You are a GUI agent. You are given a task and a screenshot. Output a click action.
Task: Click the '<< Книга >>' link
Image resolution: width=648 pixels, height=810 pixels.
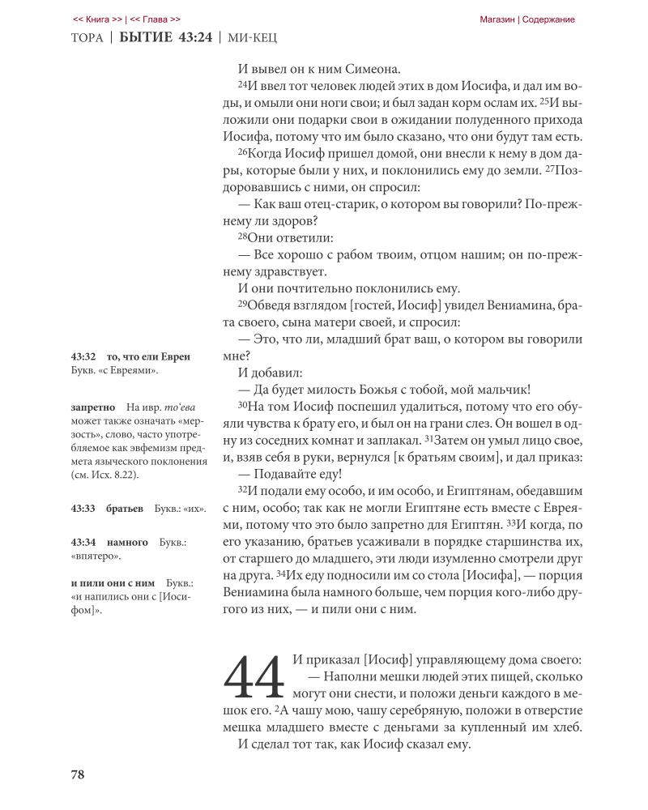coord(97,19)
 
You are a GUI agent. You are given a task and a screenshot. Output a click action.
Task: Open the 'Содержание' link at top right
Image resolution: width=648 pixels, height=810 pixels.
coord(548,19)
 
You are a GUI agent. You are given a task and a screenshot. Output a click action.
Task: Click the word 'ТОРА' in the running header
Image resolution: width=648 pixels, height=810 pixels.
coord(87,40)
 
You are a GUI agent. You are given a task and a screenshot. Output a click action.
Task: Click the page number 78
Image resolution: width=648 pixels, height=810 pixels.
coord(78,774)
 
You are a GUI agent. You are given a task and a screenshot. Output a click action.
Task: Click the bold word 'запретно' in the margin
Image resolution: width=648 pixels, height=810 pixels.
coord(92,406)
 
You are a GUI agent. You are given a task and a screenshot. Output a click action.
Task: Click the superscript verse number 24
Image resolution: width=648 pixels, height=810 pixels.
coord(241,85)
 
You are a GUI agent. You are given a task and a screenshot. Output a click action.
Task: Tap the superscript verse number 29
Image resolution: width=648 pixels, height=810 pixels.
coord(241,304)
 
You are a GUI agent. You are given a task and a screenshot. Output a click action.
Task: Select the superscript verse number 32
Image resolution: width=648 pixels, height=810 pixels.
coord(241,491)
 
